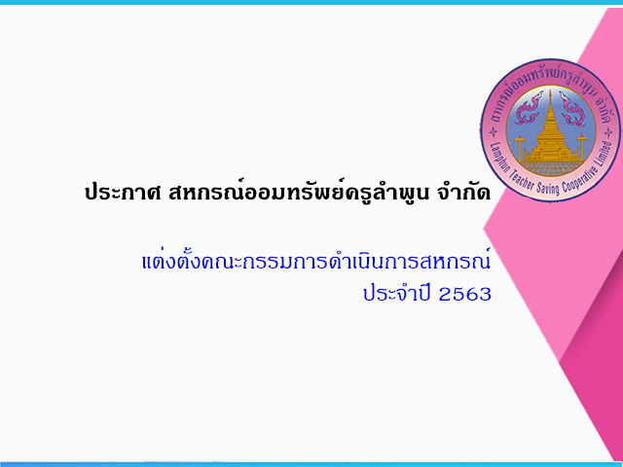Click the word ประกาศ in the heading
(x=123, y=194)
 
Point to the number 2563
(x=465, y=294)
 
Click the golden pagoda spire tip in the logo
(x=550, y=91)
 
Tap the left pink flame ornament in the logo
(x=529, y=108)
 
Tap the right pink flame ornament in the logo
(x=571, y=108)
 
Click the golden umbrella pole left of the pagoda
(x=519, y=148)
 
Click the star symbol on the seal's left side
(x=493, y=132)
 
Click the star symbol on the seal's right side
(x=608, y=133)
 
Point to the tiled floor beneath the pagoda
(x=550, y=168)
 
